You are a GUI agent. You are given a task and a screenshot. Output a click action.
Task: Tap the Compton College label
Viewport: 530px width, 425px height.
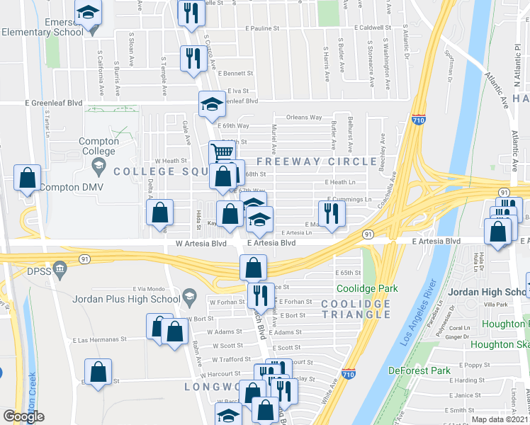[98, 146]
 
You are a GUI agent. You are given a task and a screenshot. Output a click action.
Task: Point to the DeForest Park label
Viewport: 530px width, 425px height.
[419, 370]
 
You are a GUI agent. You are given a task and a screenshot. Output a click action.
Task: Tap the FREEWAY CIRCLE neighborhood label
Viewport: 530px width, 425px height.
[317, 161]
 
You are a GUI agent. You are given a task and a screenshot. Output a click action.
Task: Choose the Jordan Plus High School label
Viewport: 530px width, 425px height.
[126, 299]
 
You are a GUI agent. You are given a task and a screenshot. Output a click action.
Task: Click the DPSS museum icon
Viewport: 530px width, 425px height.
[60, 269]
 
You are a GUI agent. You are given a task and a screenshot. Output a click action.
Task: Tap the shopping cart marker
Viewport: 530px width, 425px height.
[222, 152]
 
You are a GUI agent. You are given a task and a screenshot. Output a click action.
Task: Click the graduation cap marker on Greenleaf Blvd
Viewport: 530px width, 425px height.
[210, 104]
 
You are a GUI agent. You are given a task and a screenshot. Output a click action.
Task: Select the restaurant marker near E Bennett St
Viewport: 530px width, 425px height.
[191, 59]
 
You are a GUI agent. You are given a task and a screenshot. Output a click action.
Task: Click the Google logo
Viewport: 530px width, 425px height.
[23, 416]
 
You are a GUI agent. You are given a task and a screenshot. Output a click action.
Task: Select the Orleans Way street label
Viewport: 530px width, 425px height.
[304, 117]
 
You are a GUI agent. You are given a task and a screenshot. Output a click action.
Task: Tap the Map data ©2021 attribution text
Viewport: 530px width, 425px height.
[500, 419]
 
